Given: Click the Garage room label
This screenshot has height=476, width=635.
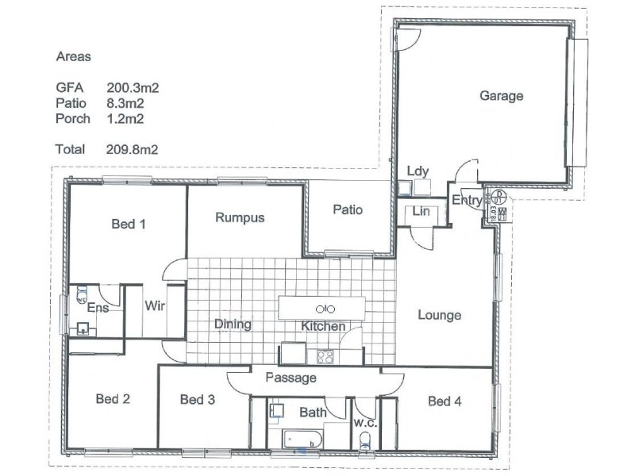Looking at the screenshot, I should tap(501, 96).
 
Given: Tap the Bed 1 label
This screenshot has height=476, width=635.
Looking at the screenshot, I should tap(128, 225).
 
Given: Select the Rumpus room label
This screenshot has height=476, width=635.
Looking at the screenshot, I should tap(240, 217).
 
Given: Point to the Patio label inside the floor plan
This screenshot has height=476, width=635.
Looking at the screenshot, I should tap(348, 210).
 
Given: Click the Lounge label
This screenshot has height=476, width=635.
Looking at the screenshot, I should tap(439, 316).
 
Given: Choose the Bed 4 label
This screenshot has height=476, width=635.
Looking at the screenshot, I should tap(444, 401).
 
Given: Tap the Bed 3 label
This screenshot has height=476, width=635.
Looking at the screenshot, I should tap(198, 400).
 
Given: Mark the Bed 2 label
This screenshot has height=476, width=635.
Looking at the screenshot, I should tap(112, 399).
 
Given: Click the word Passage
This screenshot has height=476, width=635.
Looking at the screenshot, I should tap(291, 378).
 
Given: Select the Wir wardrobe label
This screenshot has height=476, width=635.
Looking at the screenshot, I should tap(155, 306).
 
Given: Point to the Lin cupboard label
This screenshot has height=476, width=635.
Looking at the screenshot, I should tap(421, 212).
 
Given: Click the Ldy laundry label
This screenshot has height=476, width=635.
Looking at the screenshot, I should tap(418, 172).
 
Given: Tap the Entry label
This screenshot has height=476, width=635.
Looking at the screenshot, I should tap(467, 201).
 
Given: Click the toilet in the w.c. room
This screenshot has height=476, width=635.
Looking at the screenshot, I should tap(365, 440).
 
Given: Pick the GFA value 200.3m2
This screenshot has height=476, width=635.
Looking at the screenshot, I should tap(133, 88).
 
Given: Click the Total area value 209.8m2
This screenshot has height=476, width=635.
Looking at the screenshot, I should tap(133, 149).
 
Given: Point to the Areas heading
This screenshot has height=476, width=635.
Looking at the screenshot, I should tap(73, 57).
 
